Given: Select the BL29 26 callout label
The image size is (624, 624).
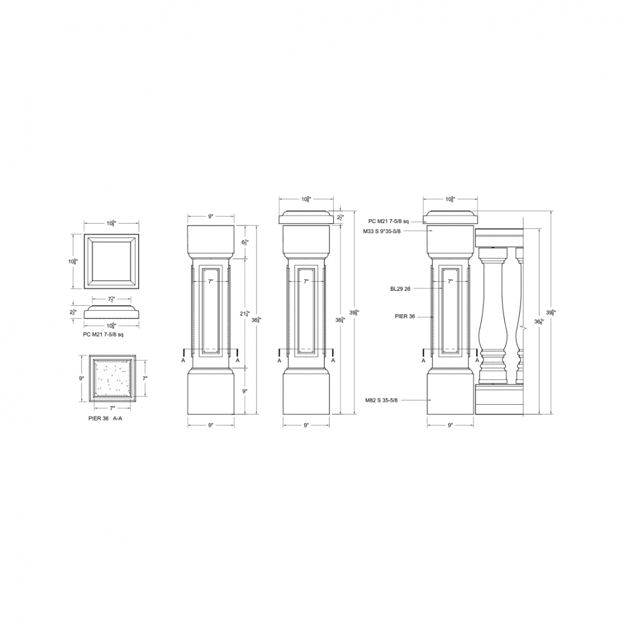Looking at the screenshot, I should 400,289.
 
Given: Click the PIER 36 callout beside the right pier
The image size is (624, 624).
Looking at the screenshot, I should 405,316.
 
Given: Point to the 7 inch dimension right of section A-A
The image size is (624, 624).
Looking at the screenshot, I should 146,378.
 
